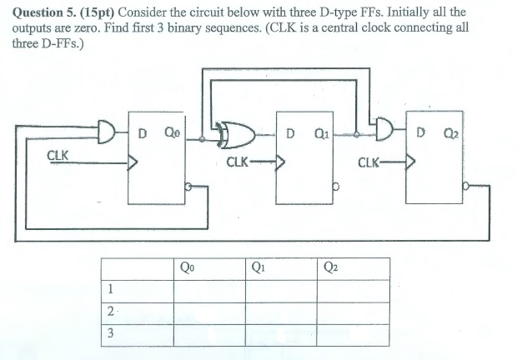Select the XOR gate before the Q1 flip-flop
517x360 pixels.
tap(232, 132)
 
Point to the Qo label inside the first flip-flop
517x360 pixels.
tap(172, 131)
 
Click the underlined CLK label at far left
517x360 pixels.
tap(58, 155)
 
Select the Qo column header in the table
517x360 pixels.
tap(188, 267)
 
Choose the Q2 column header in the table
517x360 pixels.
tap(331, 267)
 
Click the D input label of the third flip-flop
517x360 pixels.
tap(420, 131)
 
